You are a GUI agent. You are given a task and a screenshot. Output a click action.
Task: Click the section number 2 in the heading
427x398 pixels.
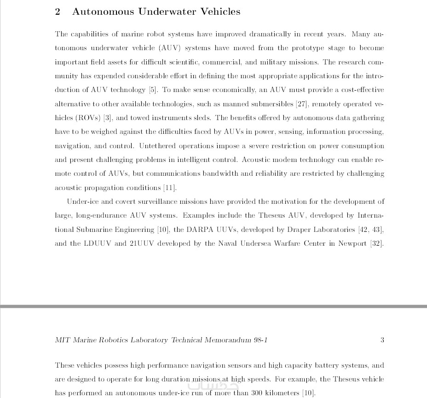click(x=58, y=12)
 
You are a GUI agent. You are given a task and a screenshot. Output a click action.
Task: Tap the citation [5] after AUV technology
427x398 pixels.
click(x=153, y=90)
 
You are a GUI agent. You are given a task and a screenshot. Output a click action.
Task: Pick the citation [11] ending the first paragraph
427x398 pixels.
click(x=169, y=188)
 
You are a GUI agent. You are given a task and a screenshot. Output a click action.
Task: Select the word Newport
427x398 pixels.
click(x=352, y=243)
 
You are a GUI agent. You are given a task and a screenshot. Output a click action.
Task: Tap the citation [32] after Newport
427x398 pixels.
click(x=377, y=243)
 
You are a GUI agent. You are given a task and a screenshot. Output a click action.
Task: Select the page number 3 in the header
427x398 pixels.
click(x=382, y=340)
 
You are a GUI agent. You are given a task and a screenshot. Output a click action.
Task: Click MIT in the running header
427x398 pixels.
click(x=62, y=340)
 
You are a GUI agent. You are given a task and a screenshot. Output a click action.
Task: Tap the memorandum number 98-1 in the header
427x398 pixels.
click(x=260, y=340)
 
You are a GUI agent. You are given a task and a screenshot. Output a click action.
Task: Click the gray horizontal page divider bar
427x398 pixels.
click(x=213, y=306)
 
